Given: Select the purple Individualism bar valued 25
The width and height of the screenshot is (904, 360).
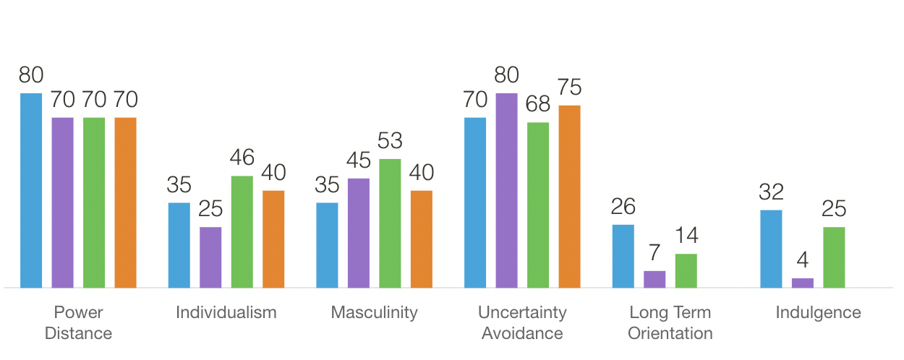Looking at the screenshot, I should click(x=210, y=257).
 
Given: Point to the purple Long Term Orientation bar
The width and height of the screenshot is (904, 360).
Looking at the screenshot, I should click(x=654, y=279).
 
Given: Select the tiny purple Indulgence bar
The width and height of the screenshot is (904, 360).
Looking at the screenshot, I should click(x=803, y=283).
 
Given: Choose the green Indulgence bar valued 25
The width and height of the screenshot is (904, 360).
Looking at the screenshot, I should click(x=834, y=257).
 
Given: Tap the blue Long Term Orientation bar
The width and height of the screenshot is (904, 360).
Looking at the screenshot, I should click(x=623, y=256).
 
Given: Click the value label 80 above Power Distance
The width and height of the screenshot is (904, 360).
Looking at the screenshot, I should click(x=31, y=75).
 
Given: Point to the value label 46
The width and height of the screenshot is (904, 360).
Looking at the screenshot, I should click(x=242, y=158).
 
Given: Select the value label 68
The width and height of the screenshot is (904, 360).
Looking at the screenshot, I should click(x=538, y=104).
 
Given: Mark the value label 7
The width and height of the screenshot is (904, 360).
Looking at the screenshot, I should click(x=654, y=253).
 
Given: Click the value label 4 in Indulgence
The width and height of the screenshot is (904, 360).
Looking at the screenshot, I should click(x=803, y=260).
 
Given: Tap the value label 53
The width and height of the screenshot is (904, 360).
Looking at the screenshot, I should click(x=391, y=140).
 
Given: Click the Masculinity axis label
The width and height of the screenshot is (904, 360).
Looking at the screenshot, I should click(x=374, y=312).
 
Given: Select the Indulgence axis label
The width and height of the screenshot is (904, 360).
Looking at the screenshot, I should click(x=818, y=312).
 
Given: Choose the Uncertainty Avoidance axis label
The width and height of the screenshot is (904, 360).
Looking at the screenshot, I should click(x=522, y=322).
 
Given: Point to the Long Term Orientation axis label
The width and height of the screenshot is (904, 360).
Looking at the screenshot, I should click(x=670, y=322).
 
